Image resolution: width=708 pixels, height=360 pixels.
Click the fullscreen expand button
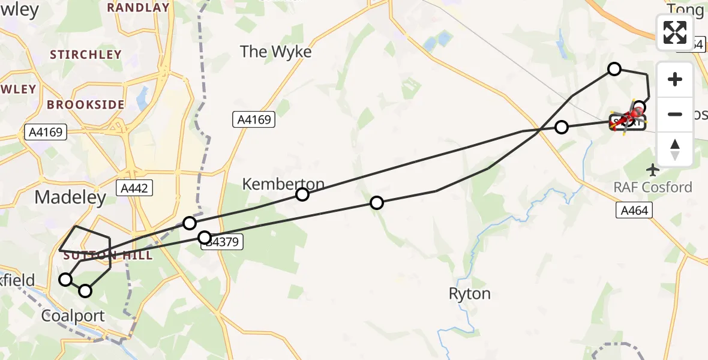[x=675, y=32]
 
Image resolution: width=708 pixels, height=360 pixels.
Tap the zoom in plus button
[x=675, y=80]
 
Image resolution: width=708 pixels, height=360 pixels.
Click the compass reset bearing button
[x=675, y=149]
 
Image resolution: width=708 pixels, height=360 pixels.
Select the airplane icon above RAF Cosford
[x=653, y=170]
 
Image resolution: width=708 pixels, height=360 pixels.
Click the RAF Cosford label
[x=653, y=187]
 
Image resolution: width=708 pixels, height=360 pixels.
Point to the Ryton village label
[x=469, y=294]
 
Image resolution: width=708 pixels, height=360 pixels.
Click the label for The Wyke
[x=276, y=52]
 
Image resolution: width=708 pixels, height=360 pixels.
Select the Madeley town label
[x=70, y=197]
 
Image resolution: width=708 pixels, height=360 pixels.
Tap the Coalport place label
[x=73, y=316]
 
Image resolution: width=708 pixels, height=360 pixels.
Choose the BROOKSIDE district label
[x=86, y=104]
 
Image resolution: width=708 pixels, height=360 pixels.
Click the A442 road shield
[x=136, y=188]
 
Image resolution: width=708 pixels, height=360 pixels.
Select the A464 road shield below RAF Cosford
[x=634, y=209]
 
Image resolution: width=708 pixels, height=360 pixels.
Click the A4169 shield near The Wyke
[x=254, y=120]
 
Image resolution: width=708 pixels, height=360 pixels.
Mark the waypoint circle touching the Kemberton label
[x=302, y=194]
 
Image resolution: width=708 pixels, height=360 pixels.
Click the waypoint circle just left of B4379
[x=205, y=238]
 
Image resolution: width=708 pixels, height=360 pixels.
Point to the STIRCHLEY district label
[x=86, y=55]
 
